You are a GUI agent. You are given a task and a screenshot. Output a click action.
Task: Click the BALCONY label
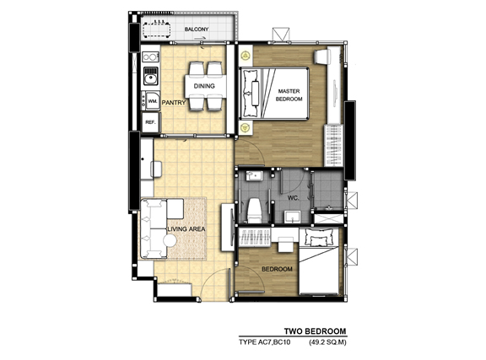[x=197, y=30]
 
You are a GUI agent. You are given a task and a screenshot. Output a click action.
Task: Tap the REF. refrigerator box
[x=151, y=122]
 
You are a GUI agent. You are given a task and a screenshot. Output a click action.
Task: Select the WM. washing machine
[x=152, y=101]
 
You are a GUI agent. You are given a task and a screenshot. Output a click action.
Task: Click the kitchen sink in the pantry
[x=151, y=76]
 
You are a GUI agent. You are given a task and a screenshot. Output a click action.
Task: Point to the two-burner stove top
[x=150, y=57]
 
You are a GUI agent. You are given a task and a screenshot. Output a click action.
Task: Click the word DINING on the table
[x=204, y=86]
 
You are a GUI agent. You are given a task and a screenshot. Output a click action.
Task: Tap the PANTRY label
[x=174, y=102]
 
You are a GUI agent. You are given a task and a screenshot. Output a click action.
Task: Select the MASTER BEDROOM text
[x=289, y=95]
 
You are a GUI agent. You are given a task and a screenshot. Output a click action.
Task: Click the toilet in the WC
[x=254, y=211]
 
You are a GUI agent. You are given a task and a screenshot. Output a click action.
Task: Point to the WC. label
[x=293, y=198]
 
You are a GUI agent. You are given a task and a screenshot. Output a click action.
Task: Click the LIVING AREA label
[x=186, y=229]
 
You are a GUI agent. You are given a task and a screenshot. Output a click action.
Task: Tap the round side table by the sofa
[x=170, y=240]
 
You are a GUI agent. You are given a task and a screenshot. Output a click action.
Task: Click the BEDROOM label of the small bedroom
[x=277, y=269]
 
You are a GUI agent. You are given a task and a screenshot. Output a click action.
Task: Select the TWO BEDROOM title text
[x=315, y=331]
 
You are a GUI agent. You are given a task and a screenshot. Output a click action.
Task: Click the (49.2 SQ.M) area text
[x=327, y=342]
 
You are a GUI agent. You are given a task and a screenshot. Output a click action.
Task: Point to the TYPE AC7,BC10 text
[x=264, y=342]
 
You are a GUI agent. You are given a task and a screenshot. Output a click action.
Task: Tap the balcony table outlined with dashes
[x=157, y=30]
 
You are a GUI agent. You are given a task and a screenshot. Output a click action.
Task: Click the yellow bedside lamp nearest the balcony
[x=246, y=56]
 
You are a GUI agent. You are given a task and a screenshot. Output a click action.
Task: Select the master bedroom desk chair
[x=321, y=56]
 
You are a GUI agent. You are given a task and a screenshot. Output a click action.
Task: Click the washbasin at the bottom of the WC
[x=292, y=217]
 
